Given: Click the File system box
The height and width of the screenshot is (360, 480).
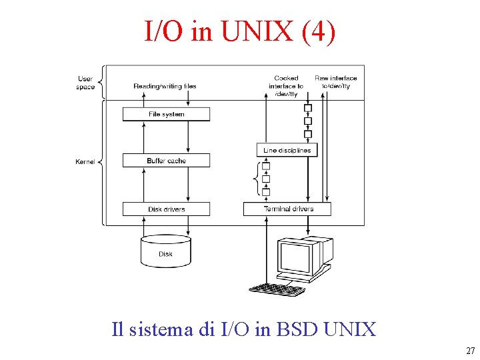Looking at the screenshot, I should click(x=166, y=114).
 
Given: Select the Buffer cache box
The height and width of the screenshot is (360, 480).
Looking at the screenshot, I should click(x=166, y=161).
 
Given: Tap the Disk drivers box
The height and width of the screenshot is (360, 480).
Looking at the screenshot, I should click(x=166, y=209).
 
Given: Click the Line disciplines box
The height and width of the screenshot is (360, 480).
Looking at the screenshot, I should click(x=287, y=150).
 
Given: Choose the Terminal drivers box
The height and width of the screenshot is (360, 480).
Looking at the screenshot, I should click(x=288, y=209).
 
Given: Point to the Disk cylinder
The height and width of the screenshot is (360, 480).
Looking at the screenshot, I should click(x=166, y=251).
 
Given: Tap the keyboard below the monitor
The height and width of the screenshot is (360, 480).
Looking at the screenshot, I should click(x=277, y=289).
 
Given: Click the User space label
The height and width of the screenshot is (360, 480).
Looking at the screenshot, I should click(x=85, y=83).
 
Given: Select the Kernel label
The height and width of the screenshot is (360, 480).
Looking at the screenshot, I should click(x=85, y=162).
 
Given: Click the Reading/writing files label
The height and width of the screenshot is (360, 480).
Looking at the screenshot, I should click(x=165, y=86).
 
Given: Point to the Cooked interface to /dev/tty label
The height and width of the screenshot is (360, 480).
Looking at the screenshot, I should click(x=286, y=86).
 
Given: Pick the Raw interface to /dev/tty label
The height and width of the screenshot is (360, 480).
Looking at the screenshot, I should click(x=335, y=82).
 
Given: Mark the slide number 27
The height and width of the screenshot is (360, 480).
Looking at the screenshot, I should click(x=471, y=351).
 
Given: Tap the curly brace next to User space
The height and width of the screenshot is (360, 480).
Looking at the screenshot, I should click(x=101, y=82).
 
